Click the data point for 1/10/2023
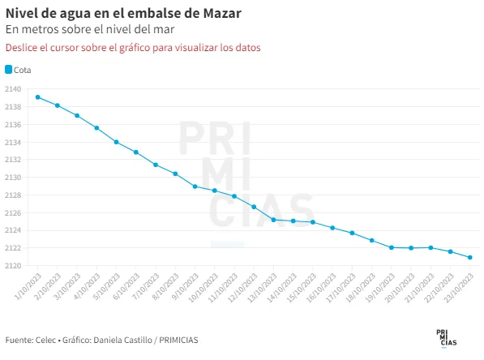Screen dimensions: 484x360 pos(37,97)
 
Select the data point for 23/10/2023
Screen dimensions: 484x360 pos(469,257)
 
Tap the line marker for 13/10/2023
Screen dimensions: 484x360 pos(273,220)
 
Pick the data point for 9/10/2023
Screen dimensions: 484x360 pos(195,186)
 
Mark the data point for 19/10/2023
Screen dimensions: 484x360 pos(392,247)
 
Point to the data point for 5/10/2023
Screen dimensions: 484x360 pos(117,142)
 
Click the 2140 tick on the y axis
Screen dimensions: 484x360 pos(13,89)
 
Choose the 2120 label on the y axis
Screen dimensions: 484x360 pos(13,265)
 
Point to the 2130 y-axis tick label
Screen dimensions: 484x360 pos(13,178)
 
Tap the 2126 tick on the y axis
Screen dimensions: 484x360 pos(13,212)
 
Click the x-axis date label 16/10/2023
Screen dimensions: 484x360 pos(321,288)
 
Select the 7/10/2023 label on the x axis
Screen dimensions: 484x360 pos(146,286)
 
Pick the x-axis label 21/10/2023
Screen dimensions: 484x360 pos(419,288)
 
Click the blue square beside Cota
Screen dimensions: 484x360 pos(9,70)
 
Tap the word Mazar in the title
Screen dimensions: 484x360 pos(222,13)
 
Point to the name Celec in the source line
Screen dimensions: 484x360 pos(45,340)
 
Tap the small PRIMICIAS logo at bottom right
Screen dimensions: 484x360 pos(447,338)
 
